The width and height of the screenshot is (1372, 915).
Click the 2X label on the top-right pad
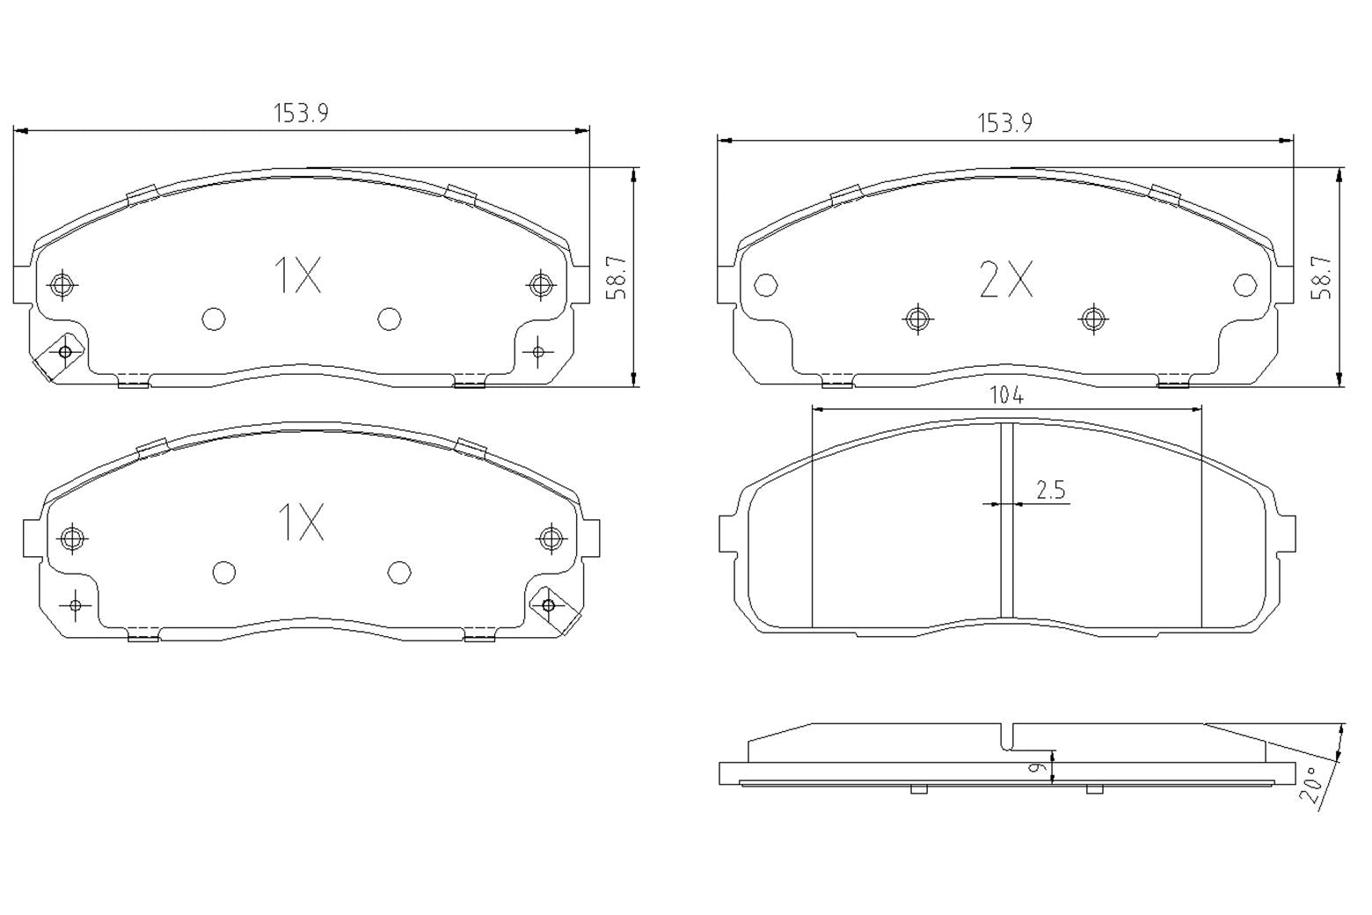click(x=1005, y=280)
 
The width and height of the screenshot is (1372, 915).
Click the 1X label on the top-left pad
click(x=298, y=275)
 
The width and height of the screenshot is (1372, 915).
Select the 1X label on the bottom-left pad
click(x=301, y=522)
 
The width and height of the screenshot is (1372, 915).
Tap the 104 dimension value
click(x=1006, y=396)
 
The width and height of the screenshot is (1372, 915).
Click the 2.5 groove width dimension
click(x=1050, y=490)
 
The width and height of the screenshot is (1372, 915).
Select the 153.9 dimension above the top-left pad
click(x=301, y=113)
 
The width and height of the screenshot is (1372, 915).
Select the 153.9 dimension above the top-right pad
click(x=1004, y=123)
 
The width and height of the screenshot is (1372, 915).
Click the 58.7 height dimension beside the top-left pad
click(x=617, y=277)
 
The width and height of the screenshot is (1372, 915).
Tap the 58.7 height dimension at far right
click(x=1321, y=277)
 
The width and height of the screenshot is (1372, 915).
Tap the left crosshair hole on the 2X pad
click(x=917, y=318)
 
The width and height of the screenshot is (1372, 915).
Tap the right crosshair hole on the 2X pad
click(x=1092, y=318)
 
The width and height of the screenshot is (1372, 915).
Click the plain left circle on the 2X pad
click(x=766, y=285)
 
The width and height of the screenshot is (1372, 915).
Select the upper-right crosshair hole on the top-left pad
click(x=539, y=284)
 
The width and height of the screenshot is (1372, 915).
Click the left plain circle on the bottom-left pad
click(x=224, y=573)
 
